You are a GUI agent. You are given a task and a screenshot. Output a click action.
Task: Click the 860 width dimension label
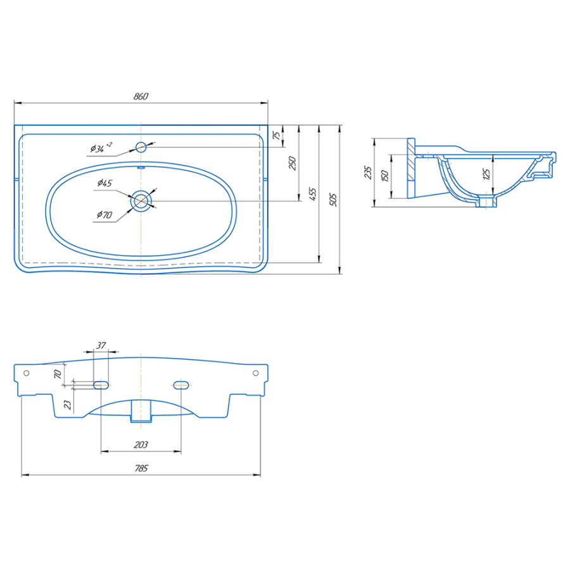tap(141, 96)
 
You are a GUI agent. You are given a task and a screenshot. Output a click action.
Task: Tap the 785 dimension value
tap(141, 468)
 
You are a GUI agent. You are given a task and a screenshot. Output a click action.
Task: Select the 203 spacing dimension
tap(141, 445)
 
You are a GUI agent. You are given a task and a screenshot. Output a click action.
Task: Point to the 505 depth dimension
tap(333, 200)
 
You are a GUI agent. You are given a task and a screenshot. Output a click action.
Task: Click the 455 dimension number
tap(312, 194)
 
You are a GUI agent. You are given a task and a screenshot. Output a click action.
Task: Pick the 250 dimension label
tap(292, 163)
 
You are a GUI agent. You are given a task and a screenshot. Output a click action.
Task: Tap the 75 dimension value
tap(277, 136)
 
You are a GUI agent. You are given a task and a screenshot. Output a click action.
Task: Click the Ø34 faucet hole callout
tap(101, 148)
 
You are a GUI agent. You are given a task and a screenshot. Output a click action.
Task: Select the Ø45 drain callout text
tap(104, 183)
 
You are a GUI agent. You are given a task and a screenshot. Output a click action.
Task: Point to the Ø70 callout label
tap(104, 215)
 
